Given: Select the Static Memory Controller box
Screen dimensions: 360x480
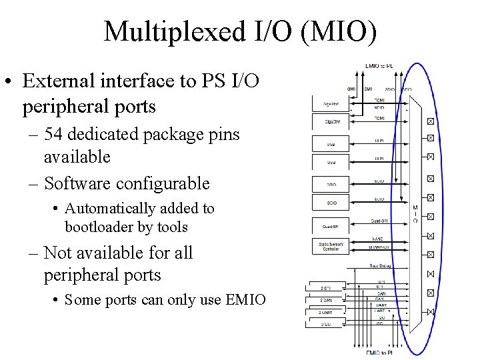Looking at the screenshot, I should coord(331,246).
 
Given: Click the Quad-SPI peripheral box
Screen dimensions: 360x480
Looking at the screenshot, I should coord(331,226).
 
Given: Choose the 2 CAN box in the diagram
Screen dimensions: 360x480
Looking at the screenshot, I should coord(326,300).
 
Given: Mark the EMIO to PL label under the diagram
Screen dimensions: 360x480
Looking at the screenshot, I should coord(379,352).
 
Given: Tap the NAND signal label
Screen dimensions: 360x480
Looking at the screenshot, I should coord(378,239).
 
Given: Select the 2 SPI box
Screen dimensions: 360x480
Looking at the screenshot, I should coord(326,288).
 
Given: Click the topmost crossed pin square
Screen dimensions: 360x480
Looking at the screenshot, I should coord(430,121).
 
